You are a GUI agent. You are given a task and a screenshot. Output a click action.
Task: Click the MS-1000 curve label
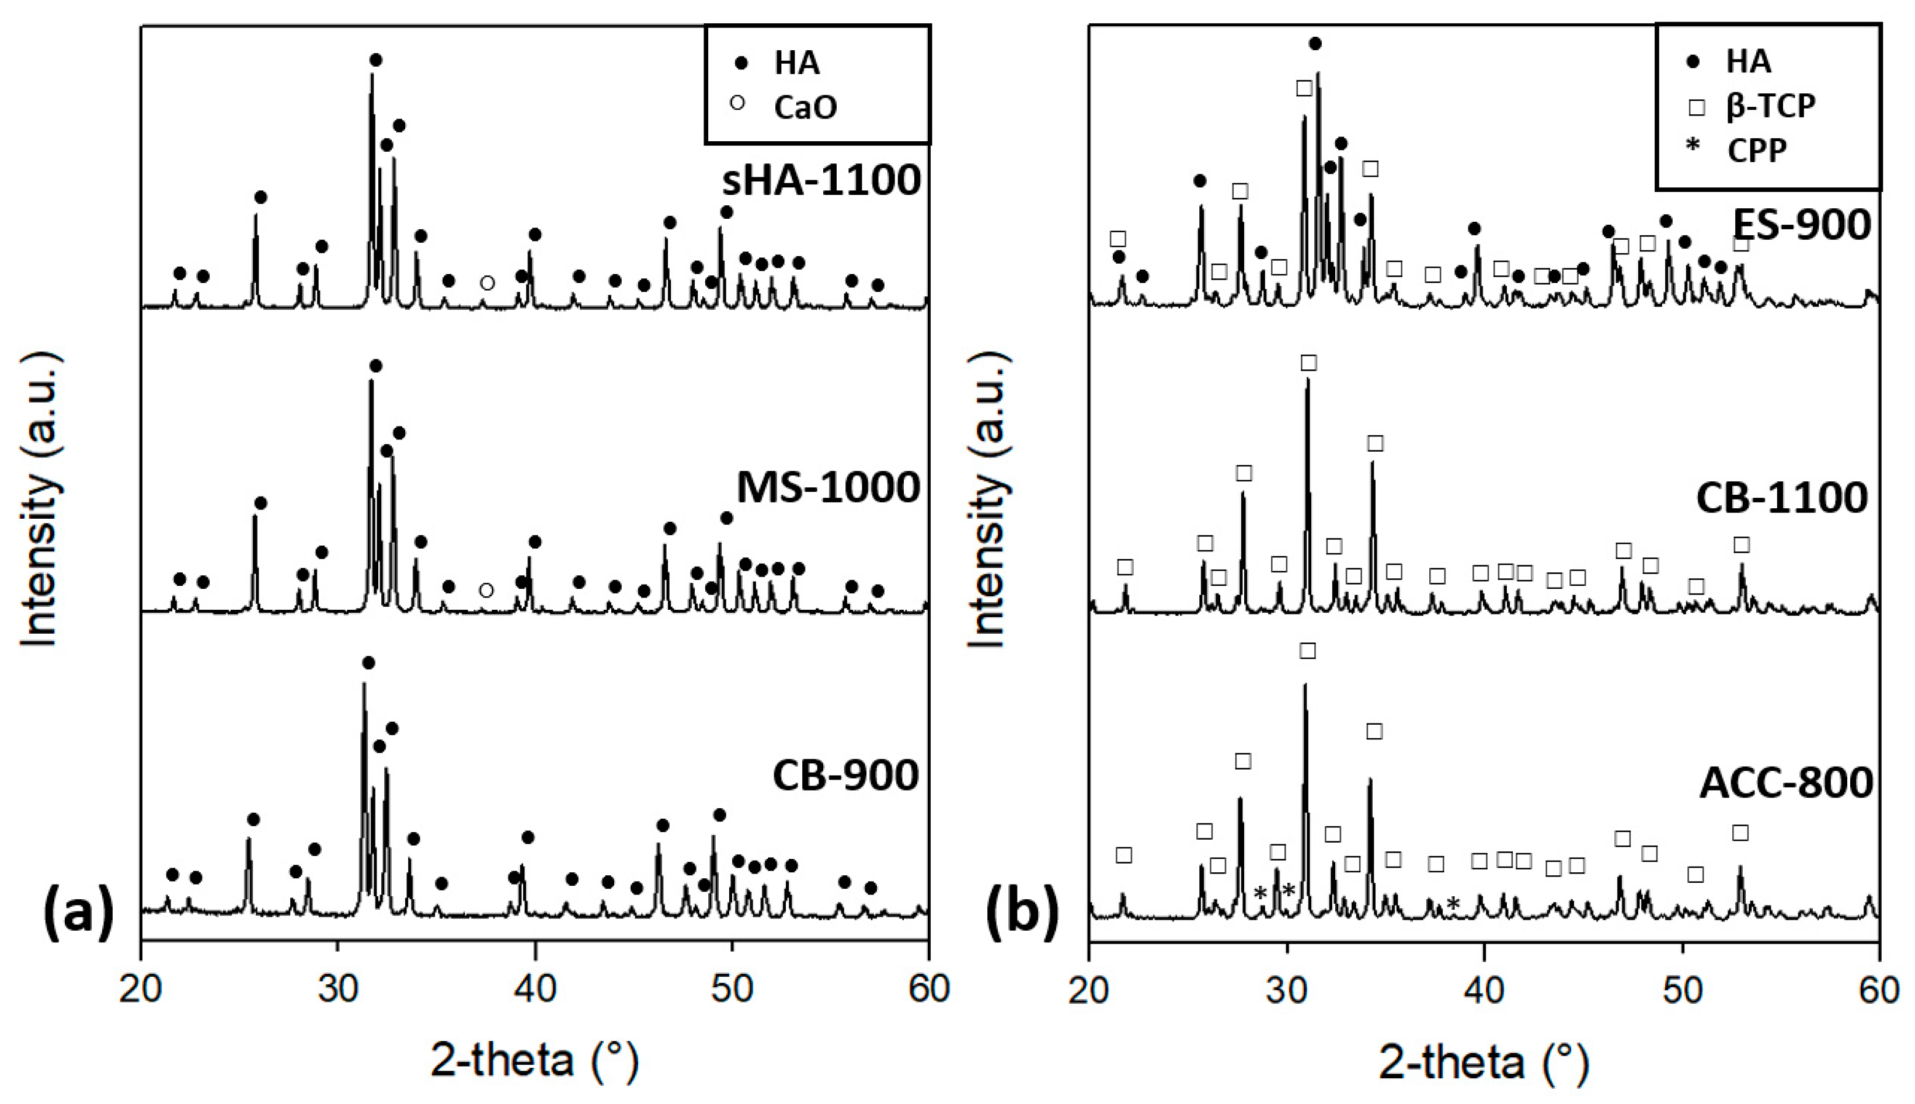tap(828, 488)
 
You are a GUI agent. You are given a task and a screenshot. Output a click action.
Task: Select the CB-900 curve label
tap(845, 775)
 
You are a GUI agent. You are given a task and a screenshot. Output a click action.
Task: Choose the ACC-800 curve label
tap(1786, 782)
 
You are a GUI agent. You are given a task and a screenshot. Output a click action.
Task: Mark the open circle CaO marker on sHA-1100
tap(488, 283)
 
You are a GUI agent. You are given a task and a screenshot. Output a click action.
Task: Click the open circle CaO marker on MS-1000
tap(486, 590)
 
